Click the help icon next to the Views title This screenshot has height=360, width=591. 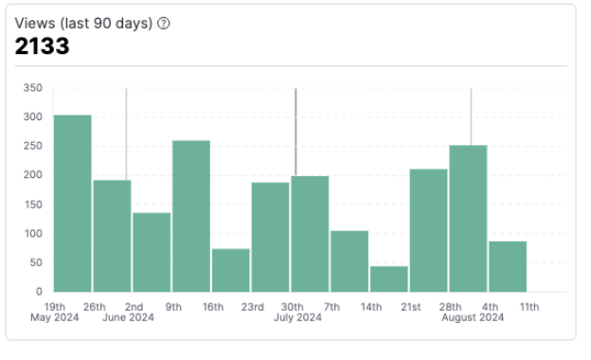(x=163, y=24)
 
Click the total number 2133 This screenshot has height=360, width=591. (x=42, y=45)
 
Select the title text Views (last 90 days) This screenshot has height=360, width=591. (x=83, y=24)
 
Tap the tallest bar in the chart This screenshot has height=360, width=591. (x=72, y=203)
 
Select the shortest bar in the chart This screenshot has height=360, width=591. (x=389, y=279)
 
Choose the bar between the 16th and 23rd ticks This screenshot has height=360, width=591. (x=231, y=270)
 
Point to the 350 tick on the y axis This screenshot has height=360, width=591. (x=33, y=88)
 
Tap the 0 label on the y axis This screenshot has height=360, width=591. (x=39, y=292)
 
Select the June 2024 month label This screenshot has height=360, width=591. (x=128, y=318)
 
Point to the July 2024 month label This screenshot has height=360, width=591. (x=298, y=318)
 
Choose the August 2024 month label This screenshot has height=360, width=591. (x=473, y=318)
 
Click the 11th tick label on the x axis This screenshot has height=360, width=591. (x=528, y=307)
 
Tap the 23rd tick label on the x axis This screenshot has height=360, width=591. (x=252, y=307)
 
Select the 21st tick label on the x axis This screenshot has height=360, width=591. (x=410, y=307)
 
